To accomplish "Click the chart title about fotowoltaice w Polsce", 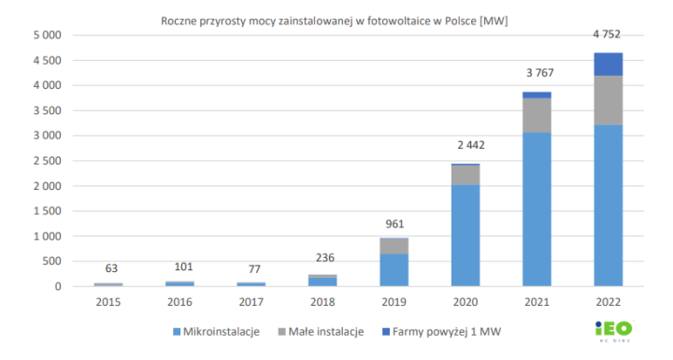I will [x=340, y=20].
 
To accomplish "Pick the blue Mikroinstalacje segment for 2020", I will [x=465, y=235].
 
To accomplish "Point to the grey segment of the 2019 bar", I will [x=393, y=246].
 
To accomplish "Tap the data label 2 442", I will [x=465, y=145].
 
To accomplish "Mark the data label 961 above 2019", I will [x=393, y=223].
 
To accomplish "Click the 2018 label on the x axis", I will [x=322, y=302].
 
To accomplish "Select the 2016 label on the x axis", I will [x=180, y=302].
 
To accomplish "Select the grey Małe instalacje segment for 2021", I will [x=536, y=115].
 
